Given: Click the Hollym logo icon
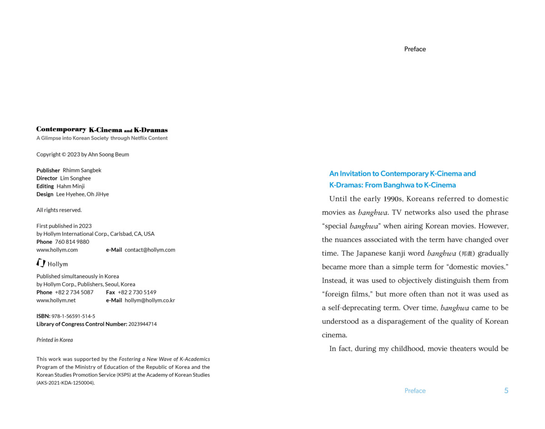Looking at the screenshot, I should tap(41, 263).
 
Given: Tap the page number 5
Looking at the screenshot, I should tap(506, 390).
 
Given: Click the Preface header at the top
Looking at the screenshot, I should tap(415, 49).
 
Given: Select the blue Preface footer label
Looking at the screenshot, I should tap(415, 390).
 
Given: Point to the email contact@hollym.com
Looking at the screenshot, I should tap(150, 250).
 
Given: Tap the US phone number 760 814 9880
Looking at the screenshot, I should tap(72, 242).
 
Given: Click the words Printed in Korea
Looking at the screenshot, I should tap(54, 340).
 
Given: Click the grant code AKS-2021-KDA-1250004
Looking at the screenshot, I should tap(65, 383).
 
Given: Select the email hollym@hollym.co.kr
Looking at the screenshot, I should tap(150, 300).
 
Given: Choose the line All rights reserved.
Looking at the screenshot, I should tap(59, 210).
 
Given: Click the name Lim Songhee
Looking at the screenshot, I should tap(75, 178).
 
